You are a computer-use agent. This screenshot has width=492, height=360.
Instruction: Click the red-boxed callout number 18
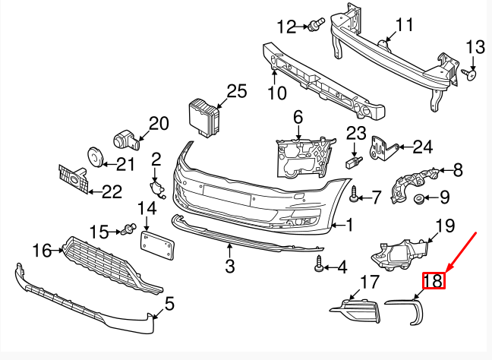coord(434,281)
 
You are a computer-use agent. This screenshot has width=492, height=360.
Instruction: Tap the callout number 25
coord(237,92)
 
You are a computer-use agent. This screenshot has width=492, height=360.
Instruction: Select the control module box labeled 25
coord(203,115)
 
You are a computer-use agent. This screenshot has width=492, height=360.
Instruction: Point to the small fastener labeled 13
coord(470,74)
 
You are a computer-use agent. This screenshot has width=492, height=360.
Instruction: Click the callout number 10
coord(276,93)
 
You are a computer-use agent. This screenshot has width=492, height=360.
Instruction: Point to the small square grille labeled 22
coord(72,179)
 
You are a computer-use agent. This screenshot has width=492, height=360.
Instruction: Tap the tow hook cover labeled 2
coord(156,187)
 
